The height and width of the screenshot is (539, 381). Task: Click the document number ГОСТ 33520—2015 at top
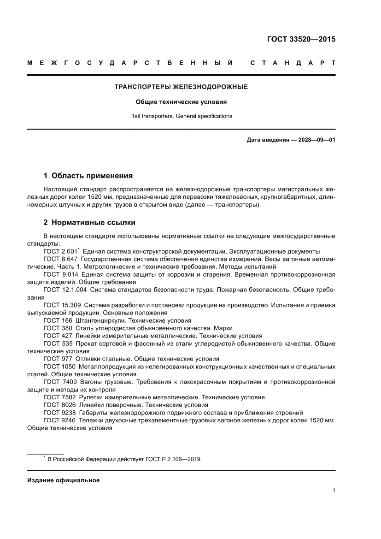coord(301,39)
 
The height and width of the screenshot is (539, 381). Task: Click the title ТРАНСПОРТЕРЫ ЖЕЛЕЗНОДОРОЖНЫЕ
coord(182,87)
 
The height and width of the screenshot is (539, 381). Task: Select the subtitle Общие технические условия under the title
coord(182,101)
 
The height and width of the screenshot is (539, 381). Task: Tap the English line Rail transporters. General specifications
coord(182,116)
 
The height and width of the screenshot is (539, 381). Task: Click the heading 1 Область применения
coord(88,176)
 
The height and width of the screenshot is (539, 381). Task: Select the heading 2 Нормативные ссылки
coord(89,223)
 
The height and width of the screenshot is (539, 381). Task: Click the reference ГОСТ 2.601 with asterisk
coord(61,251)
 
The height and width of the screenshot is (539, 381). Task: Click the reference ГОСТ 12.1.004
coord(64,290)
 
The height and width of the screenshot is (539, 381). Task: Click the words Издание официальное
coord(64,480)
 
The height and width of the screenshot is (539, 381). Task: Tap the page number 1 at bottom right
coord(333,491)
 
